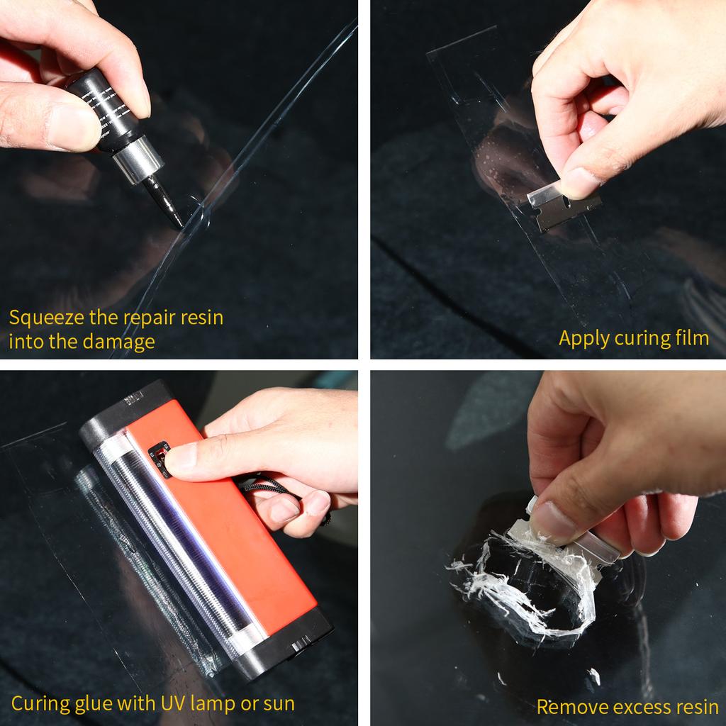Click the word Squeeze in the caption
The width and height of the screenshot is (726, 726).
(x=44, y=318)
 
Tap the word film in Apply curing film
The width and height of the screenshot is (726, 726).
(x=691, y=338)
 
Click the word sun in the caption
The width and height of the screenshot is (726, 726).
(x=279, y=703)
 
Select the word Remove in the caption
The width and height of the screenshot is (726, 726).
(x=566, y=707)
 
